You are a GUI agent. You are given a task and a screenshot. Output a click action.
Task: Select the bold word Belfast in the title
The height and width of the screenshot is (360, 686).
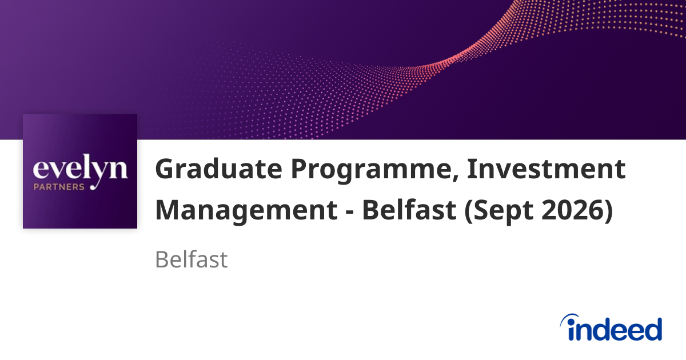click(x=409, y=210)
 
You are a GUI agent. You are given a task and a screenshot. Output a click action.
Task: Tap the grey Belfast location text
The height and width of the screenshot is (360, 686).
click(x=191, y=260)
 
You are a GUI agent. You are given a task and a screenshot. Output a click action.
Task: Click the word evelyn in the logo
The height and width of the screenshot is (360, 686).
click(x=79, y=170)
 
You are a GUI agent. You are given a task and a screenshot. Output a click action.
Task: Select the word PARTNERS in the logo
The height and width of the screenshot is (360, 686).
click(x=59, y=186)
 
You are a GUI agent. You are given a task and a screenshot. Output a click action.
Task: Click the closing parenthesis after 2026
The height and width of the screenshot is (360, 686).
click(x=608, y=210)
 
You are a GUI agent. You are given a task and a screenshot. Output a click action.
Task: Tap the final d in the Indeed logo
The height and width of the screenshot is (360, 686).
click(x=652, y=329)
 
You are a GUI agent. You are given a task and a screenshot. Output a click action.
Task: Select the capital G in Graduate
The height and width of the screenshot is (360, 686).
click(x=166, y=170)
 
